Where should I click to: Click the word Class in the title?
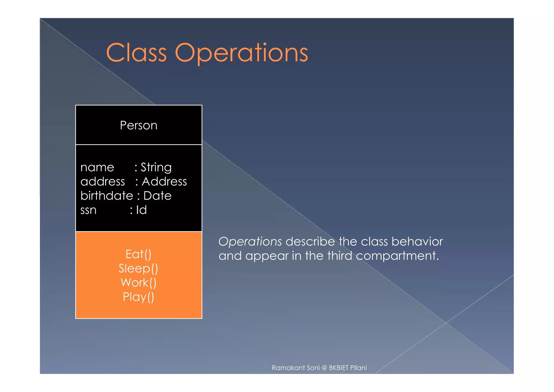[x=136, y=53]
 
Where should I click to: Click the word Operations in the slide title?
[x=242, y=53]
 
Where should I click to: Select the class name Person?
[x=138, y=125]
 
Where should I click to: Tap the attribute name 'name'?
[x=97, y=167]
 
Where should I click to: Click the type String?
[x=156, y=167]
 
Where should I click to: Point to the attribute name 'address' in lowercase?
[x=103, y=181]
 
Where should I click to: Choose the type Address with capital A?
[x=164, y=181]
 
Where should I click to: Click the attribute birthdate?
[x=107, y=195]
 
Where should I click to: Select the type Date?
[x=157, y=195]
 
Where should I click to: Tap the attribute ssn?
[x=88, y=210]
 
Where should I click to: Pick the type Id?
[x=141, y=210]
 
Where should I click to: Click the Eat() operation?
[x=138, y=254]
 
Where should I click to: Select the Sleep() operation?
[x=138, y=269]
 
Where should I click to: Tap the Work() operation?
[x=138, y=283]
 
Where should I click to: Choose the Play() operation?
[x=138, y=297]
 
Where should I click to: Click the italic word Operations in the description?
[x=250, y=241]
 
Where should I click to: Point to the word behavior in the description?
[x=417, y=241]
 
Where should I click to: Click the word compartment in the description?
[x=397, y=256]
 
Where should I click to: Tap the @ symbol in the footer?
[x=324, y=368]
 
